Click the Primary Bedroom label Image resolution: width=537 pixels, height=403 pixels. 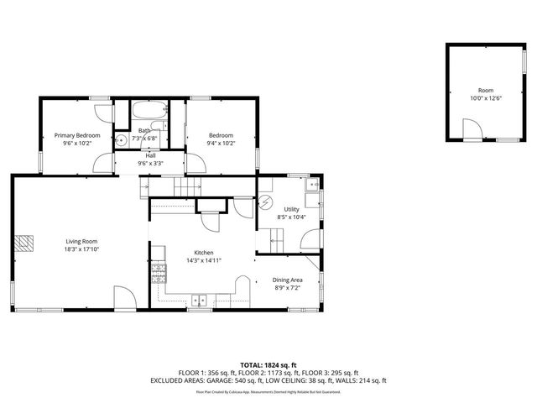point(77,135)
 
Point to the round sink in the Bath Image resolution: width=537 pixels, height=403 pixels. point(121,140)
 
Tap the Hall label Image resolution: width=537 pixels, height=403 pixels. point(150,155)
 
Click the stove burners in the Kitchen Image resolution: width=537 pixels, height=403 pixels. point(157,270)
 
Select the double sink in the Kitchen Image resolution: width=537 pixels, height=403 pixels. point(200,299)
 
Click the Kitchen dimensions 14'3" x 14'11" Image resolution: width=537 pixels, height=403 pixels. point(204,261)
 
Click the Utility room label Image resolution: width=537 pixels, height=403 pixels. point(291,209)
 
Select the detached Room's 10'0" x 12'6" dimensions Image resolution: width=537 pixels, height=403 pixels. point(486,98)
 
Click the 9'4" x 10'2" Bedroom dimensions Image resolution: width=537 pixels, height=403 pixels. point(221,144)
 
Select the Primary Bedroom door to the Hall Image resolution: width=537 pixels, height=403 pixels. point(103,163)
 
